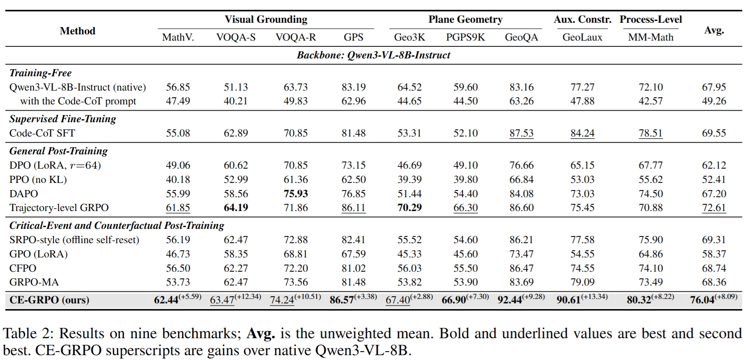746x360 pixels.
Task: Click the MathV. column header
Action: pos(178,37)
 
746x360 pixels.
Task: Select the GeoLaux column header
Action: pos(582,37)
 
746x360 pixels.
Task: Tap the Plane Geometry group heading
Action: pos(465,19)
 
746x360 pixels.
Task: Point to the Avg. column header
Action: pos(714,30)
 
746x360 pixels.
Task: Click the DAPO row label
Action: pos(24,194)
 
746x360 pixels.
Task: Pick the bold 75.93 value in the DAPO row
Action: pos(295,194)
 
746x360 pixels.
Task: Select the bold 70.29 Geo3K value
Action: pos(409,207)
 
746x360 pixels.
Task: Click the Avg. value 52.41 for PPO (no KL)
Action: pos(714,179)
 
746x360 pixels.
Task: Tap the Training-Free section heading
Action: pos(40,73)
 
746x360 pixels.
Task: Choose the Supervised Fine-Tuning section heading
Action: pos(62,119)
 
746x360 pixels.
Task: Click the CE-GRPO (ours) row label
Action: pos(49,300)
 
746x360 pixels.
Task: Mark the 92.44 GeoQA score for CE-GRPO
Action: pos(510,300)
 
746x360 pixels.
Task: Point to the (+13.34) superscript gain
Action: pos(594,296)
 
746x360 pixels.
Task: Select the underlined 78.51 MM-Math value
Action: pos(651,133)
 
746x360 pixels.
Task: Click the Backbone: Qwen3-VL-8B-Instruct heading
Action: pos(373,55)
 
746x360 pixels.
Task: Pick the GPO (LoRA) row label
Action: pos(38,254)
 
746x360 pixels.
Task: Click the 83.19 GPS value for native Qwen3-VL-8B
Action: pos(353,87)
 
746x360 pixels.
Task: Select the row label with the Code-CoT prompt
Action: pos(78,101)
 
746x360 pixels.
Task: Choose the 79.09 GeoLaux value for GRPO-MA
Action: pos(582,282)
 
